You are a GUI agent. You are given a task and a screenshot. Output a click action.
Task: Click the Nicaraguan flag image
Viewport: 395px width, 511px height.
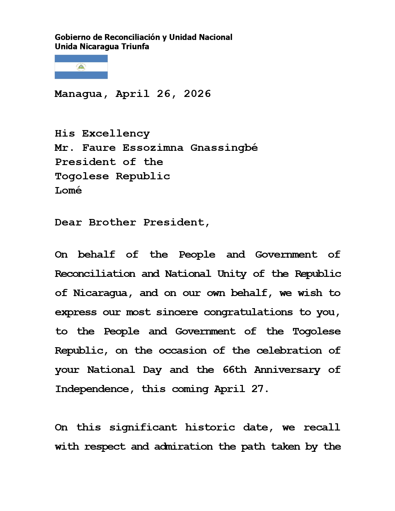point(81,67)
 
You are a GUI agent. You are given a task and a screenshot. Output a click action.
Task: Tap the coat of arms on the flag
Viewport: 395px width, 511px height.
point(81,67)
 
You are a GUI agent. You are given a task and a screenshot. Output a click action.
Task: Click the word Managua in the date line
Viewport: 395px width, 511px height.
point(78,94)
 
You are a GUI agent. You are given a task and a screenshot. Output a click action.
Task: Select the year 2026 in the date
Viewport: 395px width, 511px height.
point(197,94)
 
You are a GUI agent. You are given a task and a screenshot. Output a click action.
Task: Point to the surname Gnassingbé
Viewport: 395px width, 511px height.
point(224,148)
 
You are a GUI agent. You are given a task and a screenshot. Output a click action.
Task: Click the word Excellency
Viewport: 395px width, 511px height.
point(116,134)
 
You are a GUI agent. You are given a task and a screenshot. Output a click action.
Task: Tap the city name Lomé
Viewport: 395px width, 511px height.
point(68,190)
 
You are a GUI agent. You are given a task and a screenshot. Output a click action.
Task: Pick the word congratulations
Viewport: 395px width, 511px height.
point(248,312)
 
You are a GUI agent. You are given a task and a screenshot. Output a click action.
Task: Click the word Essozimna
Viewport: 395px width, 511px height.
point(153,148)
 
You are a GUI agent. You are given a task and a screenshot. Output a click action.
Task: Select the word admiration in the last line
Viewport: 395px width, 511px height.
point(183,447)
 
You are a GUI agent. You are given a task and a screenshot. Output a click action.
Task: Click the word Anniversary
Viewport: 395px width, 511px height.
point(287,370)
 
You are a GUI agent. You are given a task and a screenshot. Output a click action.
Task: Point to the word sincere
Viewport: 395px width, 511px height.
point(177,312)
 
